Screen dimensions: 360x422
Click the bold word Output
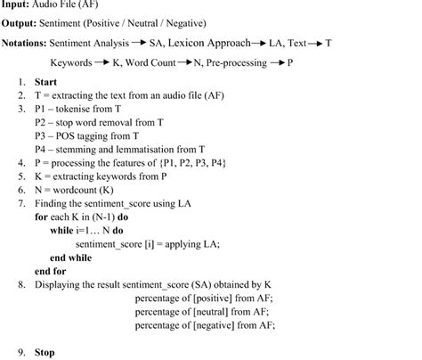click(20, 22)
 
